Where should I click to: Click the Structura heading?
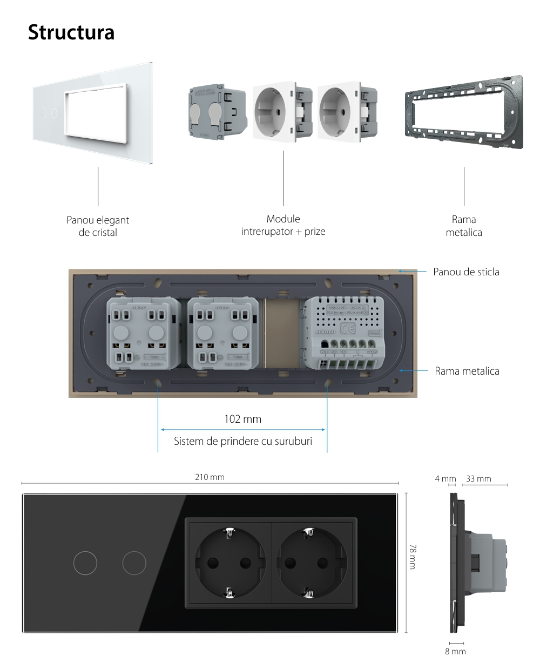pos(71,32)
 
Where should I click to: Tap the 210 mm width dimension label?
pos(210,477)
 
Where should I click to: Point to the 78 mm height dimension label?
pos(413,556)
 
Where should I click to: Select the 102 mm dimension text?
pos(242,419)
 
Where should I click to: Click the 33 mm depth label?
pos(478,478)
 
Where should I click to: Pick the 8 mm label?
pos(455,652)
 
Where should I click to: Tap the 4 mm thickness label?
pos(446,478)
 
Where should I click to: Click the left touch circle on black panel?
pos(85,564)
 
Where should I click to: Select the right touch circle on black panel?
pos(134,564)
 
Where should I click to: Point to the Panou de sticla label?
pos(466,272)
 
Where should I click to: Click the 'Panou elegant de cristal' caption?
pos(98,226)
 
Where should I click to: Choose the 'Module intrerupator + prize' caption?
pos(283,225)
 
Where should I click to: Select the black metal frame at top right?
pos(464,112)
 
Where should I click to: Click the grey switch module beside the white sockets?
pos(213,112)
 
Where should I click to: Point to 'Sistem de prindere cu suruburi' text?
pos(243,441)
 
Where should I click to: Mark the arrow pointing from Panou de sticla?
pos(413,271)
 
